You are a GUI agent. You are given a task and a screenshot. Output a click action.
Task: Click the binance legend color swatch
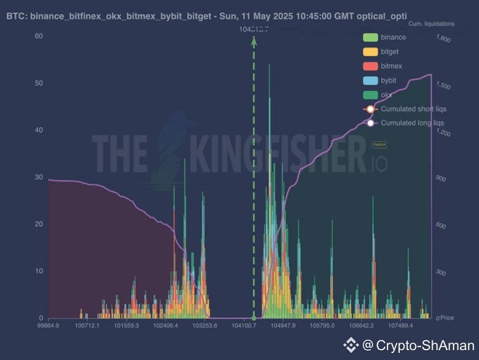pyautogui.click(x=370, y=38)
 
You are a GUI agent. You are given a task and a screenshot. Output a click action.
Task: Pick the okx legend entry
pyautogui.click(x=386, y=94)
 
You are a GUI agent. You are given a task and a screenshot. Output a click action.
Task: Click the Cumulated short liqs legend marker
pyautogui.click(x=370, y=109)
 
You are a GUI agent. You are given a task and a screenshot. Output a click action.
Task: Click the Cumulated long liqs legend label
pyautogui.click(x=412, y=123)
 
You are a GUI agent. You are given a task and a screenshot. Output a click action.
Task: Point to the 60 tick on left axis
pyautogui.click(x=39, y=36)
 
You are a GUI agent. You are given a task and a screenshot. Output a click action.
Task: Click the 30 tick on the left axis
pyautogui.click(x=39, y=177)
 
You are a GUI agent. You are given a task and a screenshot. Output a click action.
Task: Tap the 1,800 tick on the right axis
pyautogui.click(x=443, y=39)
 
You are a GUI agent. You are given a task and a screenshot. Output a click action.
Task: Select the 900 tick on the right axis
pyautogui.click(x=440, y=179)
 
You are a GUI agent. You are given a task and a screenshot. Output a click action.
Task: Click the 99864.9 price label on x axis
pyautogui.click(x=49, y=326)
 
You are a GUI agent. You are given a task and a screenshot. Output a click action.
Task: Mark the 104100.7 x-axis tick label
pyautogui.click(x=245, y=326)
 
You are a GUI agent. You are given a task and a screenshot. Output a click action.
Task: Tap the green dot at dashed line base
pyautogui.click(x=253, y=318)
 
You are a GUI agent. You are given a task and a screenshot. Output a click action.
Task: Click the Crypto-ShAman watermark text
pyautogui.click(x=426, y=346)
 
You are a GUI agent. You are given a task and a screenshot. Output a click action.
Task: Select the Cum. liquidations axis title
pyautogui.click(x=431, y=24)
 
